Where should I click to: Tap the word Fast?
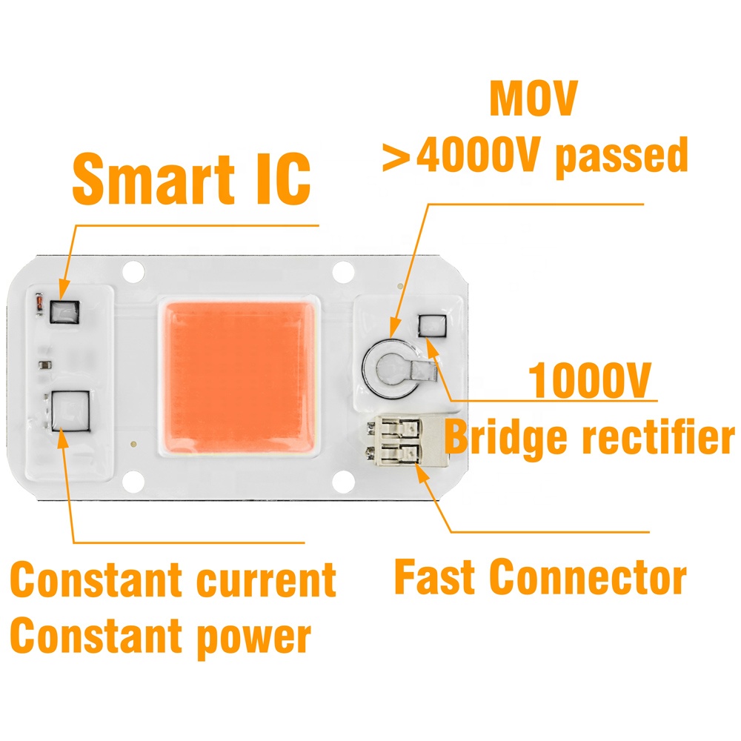tap(434, 576)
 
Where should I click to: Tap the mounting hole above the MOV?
tap(342, 273)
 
